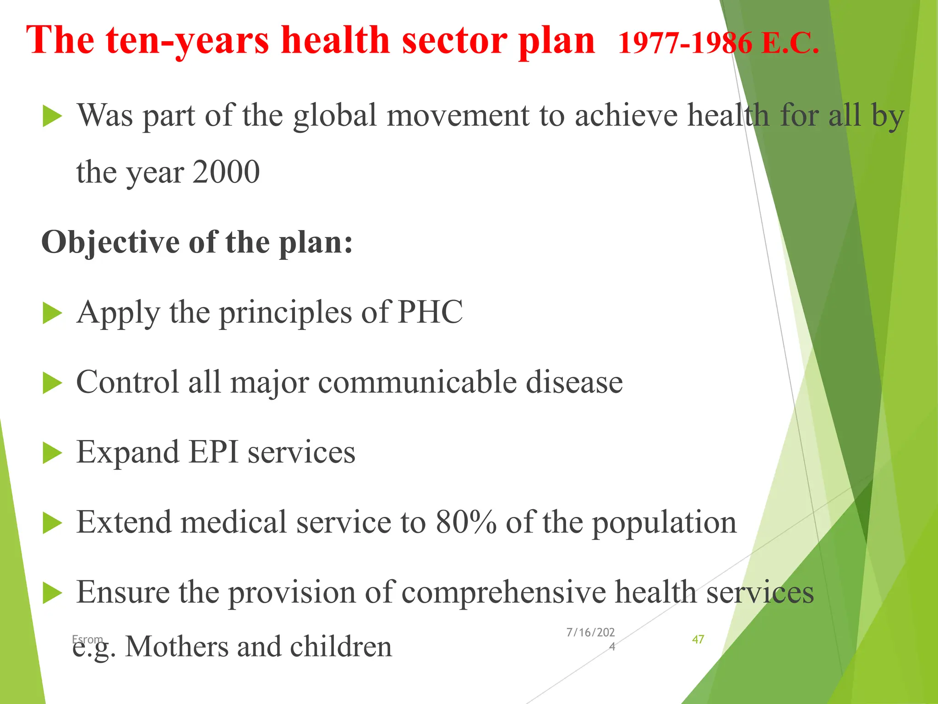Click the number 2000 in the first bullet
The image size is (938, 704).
[226, 172]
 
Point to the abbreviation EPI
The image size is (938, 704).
[213, 453]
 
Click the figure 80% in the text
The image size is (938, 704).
[466, 522]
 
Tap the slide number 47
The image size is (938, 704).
[698, 639]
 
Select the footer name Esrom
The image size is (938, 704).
[87, 639]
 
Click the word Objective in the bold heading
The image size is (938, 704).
[110, 242]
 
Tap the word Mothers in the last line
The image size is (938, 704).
[176, 647]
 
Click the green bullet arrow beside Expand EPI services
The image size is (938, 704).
[52, 453]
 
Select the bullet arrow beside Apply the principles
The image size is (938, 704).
[52, 313]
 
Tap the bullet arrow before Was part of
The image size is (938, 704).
[52, 116]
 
